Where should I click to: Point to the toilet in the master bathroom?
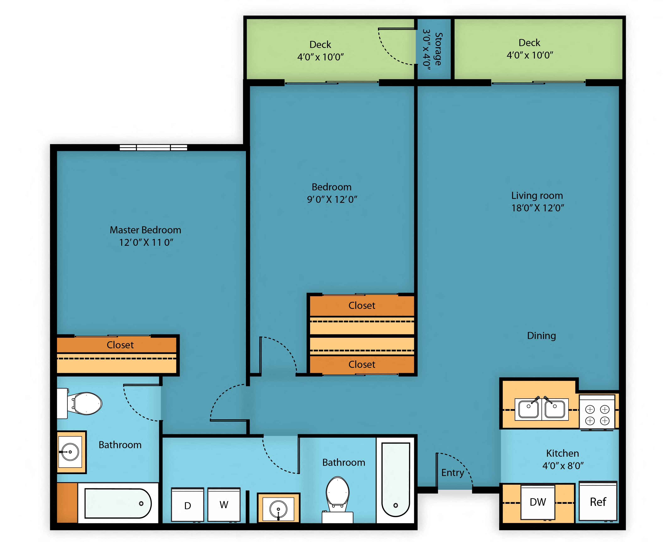tap(80, 403)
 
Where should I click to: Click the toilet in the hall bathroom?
tap(338, 499)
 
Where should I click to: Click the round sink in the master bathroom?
tap(70, 452)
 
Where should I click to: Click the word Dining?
tap(541, 336)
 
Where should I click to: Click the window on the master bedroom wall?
tap(153, 147)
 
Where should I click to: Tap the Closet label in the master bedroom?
tap(120, 345)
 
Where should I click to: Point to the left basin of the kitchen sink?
tap(528, 409)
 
